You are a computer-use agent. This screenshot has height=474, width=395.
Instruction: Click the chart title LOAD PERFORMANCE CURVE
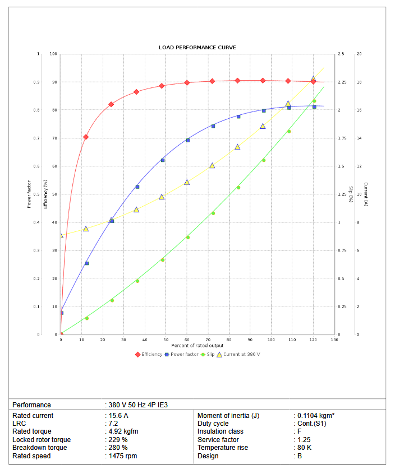tap(197, 48)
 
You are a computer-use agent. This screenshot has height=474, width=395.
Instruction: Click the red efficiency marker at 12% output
tap(86, 137)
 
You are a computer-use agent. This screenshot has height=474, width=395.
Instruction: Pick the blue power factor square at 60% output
tap(188, 140)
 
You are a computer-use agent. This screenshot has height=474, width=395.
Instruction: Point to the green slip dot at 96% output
tap(263, 160)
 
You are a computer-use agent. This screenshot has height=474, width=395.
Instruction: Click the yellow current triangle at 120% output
tap(314, 80)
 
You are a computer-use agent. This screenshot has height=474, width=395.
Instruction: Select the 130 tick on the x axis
tap(334, 340)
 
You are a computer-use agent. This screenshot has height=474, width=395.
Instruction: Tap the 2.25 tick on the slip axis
tap(342, 82)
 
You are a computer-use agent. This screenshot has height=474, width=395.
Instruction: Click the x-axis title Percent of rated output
tap(197, 346)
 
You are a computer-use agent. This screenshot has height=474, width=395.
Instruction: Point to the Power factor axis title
tap(29, 194)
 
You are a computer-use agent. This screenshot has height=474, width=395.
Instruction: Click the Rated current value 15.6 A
tap(118, 416)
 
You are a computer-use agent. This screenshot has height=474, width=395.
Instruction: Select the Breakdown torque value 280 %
tap(118, 448)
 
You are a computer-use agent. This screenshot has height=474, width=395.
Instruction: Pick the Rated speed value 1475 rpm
tap(122, 456)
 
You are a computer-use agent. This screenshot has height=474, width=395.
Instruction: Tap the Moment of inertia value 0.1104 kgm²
tap(315, 416)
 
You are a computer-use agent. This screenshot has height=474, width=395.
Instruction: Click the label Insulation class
tap(220, 431)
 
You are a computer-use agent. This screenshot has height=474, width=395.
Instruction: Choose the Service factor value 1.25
tap(303, 440)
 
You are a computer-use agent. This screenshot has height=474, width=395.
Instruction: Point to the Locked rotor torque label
tap(42, 440)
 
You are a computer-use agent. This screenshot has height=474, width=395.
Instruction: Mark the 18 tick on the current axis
tap(359, 82)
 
